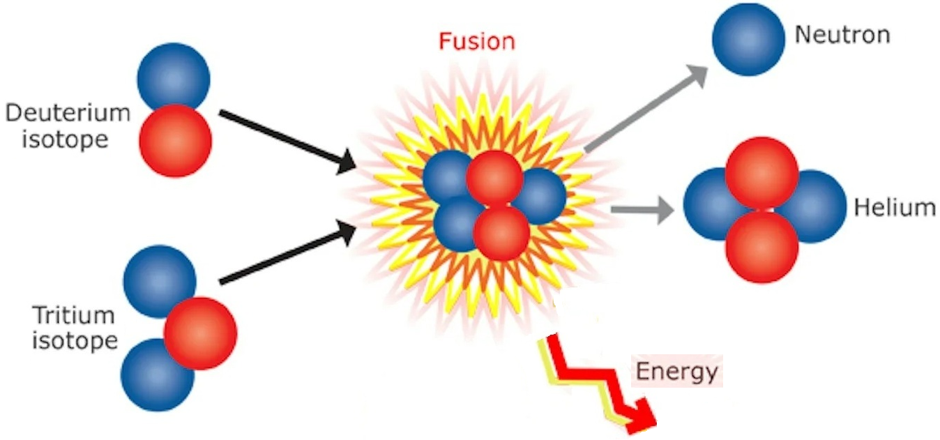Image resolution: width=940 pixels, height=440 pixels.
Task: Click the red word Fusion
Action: tap(477, 41)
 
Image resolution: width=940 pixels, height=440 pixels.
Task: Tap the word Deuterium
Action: tap(68, 114)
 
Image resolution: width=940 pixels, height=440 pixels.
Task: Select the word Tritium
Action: tap(73, 315)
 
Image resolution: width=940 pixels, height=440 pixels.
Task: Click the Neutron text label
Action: tap(842, 35)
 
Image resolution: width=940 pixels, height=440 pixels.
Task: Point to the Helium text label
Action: tap(895, 207)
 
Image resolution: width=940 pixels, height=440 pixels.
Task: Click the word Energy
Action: tap(676, 372)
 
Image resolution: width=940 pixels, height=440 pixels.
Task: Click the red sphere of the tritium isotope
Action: tap(201, 333)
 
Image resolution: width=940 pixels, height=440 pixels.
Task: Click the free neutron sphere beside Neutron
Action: tap(748, 39)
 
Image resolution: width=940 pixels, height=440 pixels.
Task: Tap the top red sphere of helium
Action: tap(761, 172)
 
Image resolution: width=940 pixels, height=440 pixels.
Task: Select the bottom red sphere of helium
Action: tap(761, 246)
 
